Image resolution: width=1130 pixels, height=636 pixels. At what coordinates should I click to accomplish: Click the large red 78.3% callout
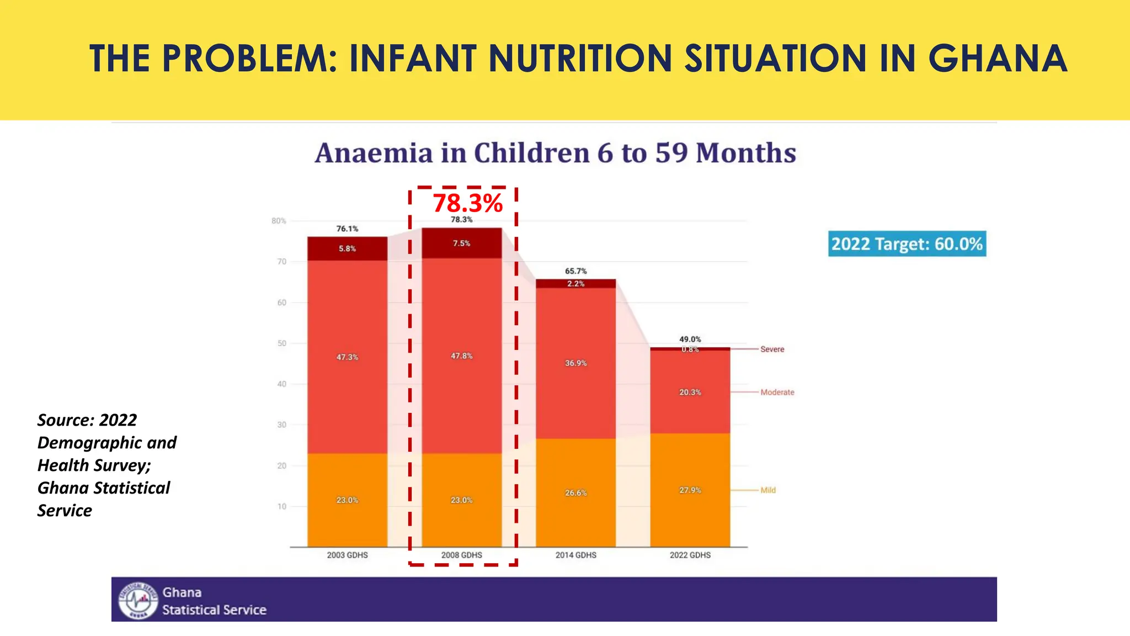coord(467,203)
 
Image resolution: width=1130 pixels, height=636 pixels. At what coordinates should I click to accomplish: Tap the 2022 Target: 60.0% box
coord(907,244)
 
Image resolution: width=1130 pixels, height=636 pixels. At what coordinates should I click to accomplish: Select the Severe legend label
coord(772,349)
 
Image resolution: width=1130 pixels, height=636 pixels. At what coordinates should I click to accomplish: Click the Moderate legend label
coord(777,393)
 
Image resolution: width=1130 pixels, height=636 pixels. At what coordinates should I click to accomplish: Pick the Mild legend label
coord(767,490)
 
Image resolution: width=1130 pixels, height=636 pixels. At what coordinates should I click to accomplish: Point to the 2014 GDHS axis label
coord(575,555)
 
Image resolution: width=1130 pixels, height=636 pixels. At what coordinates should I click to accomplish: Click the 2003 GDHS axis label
coord(347,555)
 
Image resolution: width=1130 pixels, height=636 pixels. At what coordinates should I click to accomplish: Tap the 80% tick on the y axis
coord(279,221)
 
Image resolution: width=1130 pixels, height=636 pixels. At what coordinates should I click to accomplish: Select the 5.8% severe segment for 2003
coord(347,249)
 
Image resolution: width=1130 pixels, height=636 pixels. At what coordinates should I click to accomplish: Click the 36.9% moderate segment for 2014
coord(575,363)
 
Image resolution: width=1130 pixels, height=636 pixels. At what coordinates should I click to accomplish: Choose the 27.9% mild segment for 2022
coord(690,490)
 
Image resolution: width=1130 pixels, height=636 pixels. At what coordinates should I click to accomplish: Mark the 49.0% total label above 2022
coord(690,339)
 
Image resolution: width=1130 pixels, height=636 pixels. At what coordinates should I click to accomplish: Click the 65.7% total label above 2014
coord(575,271)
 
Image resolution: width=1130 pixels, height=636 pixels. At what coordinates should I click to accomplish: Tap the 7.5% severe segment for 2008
coord(461,243)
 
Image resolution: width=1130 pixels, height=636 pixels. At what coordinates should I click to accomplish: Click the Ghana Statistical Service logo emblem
coord(138,600)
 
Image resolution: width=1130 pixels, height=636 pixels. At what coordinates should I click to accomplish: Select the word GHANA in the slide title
coord(997,59)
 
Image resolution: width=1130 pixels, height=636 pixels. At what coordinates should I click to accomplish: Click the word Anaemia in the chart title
coord(374,153)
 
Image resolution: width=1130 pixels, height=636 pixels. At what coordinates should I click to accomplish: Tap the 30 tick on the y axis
coord(281,425)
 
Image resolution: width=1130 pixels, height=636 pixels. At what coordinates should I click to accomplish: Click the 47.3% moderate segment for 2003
coord(347,358)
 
